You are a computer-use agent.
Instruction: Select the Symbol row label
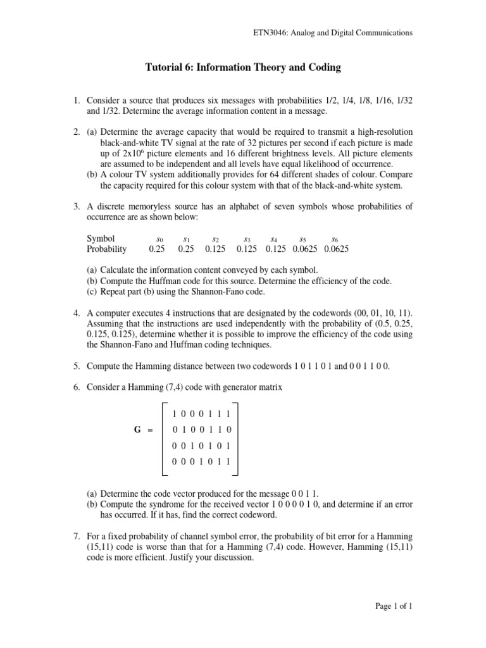[101, 239]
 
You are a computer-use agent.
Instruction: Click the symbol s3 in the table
[247, 239]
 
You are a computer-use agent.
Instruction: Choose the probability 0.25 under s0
[156, 249]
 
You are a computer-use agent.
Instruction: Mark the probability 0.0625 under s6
[336, 249]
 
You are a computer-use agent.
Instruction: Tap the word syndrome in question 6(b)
[159, 503]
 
